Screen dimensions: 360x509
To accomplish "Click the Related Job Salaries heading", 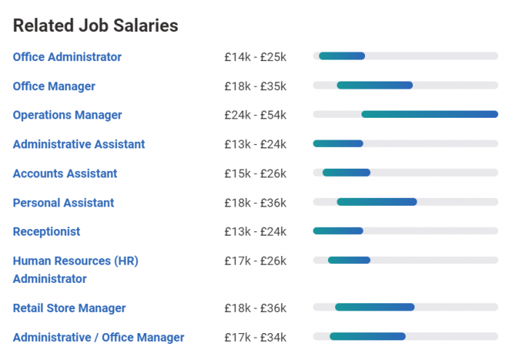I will pyautogui.click(x=95, y=25).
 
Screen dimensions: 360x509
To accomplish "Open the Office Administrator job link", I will pyautogui.click(x=67, y=57).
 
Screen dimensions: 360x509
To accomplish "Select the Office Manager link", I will pyautogui.click(x=54, y=86).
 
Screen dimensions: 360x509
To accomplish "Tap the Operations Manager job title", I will pyautogui.click(x=67, y=115).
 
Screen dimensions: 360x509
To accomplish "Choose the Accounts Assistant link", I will pyautogui.click(x=65, y=173).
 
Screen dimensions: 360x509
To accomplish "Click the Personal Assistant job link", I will pyautogui.click(x=63, y=202).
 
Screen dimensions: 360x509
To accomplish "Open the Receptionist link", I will pyautogui.click(x=47, y=231).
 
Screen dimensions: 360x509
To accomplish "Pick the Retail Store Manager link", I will pyautogui.click(x=69, y=308).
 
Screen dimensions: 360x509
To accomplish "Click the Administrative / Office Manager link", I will pyautogui.click(x=98, y=337).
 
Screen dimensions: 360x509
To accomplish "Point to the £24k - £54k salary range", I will pyautogui.click(x=255, y=115).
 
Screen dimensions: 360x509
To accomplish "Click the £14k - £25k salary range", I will pyautogui.click(x=255, y=57).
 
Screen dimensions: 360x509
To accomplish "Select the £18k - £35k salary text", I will pyautogui.click(x=255, y=86).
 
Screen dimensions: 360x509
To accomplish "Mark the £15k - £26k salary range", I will pyautogui.click(x=255, y=173).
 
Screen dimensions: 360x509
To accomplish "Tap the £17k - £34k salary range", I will pyautogui.click(x=255, y=337).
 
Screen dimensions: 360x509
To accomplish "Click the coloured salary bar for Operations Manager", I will pyautogui.click(x=429, y=114).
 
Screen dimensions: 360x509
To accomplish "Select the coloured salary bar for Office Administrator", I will pyautogui.click(x=342, y=56).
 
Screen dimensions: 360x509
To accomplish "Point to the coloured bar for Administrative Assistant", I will pyautogui.click(x=338, y=143).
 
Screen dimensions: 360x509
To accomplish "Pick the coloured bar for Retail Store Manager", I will pyautogui.click(x=374, y=307).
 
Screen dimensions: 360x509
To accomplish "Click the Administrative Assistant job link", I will pyautogui.click(x=79, y=144).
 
